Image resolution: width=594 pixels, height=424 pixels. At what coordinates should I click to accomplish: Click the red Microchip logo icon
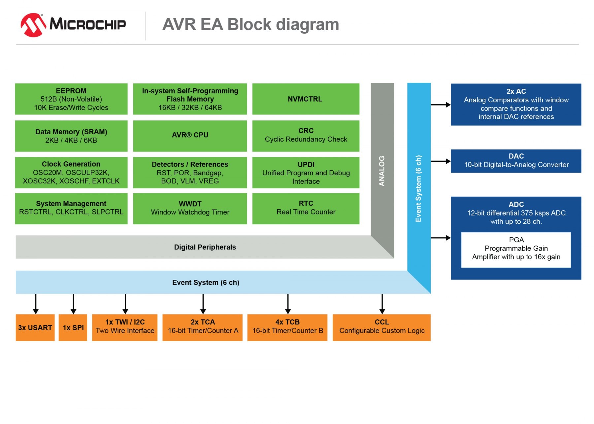(x=33, y=25)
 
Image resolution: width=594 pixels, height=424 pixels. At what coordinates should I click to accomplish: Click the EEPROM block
(x=71, y=99)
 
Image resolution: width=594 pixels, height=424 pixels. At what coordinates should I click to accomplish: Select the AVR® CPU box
(x=190, y=135)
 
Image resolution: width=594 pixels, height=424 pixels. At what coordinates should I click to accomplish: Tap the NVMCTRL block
(x=305, y=99)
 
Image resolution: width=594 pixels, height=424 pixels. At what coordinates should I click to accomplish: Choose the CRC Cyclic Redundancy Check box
(x=306, y=135)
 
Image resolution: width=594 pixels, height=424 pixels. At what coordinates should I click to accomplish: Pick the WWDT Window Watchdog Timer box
(x=190, y=208)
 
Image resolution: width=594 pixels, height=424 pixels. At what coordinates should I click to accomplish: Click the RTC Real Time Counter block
(x=306, y=208)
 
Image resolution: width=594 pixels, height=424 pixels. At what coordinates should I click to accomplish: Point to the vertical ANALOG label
(x=382, y=171)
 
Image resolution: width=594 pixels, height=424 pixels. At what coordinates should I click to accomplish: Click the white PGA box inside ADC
(x=516, y=249)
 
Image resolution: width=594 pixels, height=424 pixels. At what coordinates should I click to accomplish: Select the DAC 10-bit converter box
(x=516, y=161)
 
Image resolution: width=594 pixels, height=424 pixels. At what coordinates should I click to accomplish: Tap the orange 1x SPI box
(x=73, y=327)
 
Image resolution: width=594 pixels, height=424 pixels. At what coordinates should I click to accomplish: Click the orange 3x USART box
(x=35, y=327)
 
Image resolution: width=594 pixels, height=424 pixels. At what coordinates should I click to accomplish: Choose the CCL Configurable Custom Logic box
(x=381, y=327)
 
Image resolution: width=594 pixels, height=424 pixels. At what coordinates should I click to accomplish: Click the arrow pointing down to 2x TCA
(x=203, y=304)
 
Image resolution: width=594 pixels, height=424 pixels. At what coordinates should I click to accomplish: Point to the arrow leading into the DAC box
(x=441, y=161)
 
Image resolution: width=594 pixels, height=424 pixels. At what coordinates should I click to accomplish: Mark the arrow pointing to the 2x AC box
(x=441, y=105)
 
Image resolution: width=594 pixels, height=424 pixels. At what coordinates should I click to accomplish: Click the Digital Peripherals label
(x=205, y=247)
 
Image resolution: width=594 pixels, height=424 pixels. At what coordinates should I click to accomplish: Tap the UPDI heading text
(x=306, y=164)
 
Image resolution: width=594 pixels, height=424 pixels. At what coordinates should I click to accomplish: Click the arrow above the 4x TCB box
(x=288, y=304)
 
